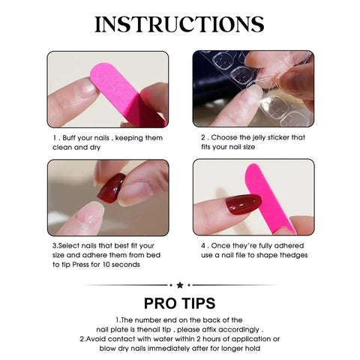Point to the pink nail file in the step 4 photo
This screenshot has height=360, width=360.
pos(259,191)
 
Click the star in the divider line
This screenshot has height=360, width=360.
pos(180,285)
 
